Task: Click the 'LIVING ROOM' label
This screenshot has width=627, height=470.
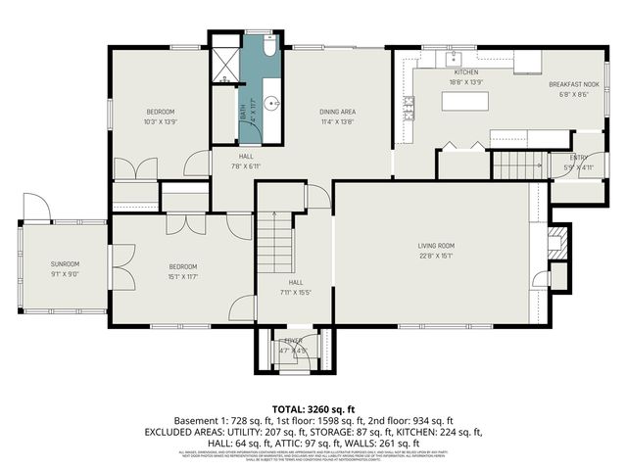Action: click(x=438, y=246)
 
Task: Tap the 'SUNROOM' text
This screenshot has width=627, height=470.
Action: click(x=66, y=264)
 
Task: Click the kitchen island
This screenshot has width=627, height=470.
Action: click(x=466, y=100)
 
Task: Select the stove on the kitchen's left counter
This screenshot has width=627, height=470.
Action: click(x=409, y=103)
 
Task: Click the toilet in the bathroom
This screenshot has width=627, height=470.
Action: click(x=268, y=48)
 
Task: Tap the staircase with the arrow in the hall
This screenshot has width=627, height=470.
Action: click(x=275, y=245)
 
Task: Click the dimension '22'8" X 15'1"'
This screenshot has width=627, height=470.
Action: click(x=438, y=258)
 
